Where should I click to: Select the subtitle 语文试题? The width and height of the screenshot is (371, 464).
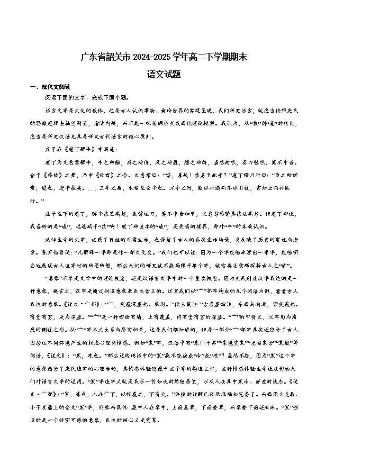coord(165,75)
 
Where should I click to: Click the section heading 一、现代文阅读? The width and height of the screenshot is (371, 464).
coord(50,86)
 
